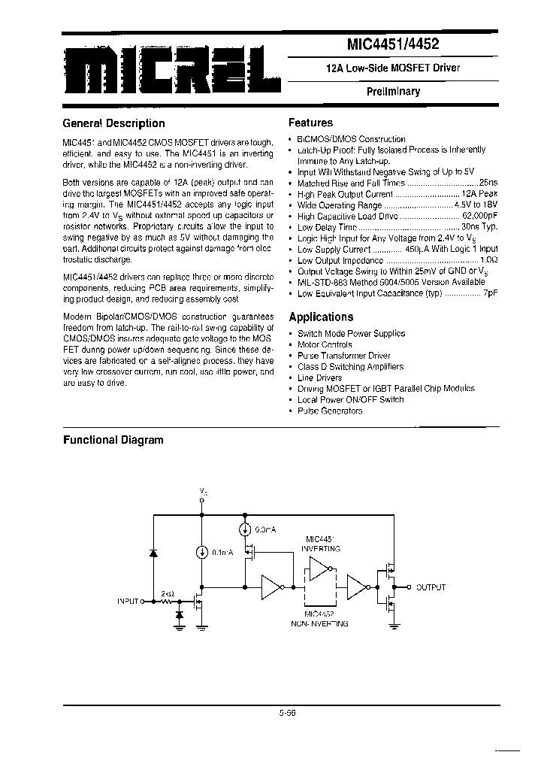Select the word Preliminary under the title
point(393,92)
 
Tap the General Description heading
point(113,123)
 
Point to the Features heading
point(310,123)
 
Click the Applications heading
point(321,317)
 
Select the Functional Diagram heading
point(113,440)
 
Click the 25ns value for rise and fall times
point(489,183)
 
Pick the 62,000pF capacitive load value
point(479,216)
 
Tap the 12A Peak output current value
point(481,194)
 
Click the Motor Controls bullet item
point(325,344)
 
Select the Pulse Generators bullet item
point(330,411)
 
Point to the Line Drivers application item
point(320,377)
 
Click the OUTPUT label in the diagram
point(431,587)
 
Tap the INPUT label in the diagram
point(129,602)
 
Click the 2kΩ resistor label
point(166,593)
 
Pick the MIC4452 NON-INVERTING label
point(322,618)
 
